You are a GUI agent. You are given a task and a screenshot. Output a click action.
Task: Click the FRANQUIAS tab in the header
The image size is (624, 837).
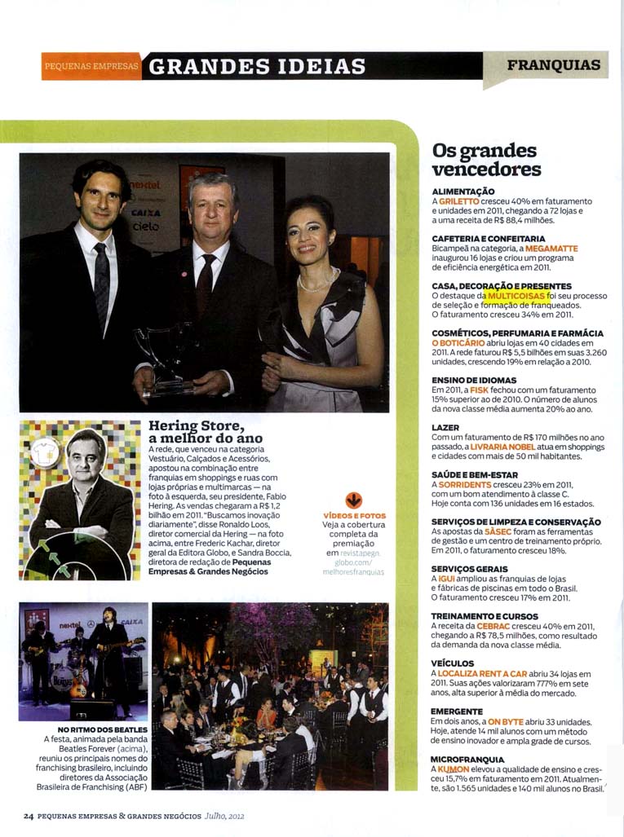coord(553,65)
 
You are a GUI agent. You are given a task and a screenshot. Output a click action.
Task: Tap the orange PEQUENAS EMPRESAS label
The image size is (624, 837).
coord(91,67)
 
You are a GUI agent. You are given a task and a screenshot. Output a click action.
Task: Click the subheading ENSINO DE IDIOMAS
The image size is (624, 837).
coord(474,381)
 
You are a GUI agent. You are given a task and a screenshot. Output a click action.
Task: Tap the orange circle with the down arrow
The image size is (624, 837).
coord(353,500)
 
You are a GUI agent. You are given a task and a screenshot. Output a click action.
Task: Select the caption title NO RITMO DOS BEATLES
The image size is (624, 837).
coord(103,729)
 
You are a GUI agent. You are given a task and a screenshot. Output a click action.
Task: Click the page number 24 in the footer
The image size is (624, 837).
coord(28,815)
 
